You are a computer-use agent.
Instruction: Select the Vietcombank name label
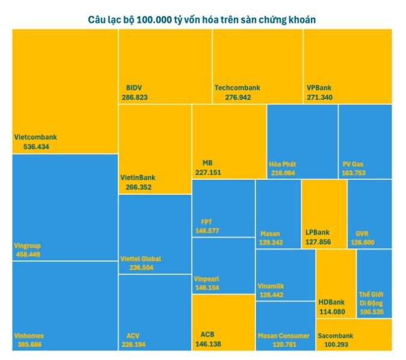[36, 137]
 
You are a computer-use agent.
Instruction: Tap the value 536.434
[31, 146]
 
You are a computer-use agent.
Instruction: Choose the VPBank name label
[319, 87]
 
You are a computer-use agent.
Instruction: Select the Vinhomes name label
[29, 335]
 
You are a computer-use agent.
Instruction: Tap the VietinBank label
[138, 177]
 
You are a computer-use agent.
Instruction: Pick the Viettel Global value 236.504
[137, 268]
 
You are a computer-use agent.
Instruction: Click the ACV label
[133, 335]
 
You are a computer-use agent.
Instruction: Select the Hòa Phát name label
[283, 163]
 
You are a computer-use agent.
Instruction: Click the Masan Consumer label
[284, 335]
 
